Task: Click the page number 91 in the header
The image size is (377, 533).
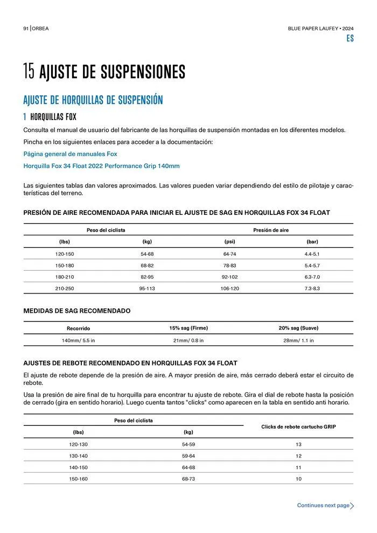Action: pos(25,29)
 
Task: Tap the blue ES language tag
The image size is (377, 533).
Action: pos(350,39)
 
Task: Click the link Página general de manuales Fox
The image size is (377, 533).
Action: pos(70,154)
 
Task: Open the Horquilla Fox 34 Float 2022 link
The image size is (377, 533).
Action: pos(101,166)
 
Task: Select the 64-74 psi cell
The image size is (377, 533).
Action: pos(230,254)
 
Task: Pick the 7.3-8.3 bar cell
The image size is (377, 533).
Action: pos(312,288)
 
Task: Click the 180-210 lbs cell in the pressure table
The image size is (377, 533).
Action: pos(65,277)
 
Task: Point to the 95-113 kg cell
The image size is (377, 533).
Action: pos(147,288)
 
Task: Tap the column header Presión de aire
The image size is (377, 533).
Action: pos(271,230)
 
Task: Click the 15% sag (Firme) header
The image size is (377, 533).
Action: pos(188,328)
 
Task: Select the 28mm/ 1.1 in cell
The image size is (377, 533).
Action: pos(298,340)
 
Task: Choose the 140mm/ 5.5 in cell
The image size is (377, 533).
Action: pos(78,340)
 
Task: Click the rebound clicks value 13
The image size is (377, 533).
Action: pos(298,444)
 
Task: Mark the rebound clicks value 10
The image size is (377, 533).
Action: pos(298,479)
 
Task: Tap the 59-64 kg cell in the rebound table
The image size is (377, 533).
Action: pos(188,455)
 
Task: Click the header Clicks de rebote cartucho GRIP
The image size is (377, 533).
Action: pos(298,426)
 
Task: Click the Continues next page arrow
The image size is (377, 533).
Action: pos(352,506)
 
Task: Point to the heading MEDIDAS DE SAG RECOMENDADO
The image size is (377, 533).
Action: pos(76,311)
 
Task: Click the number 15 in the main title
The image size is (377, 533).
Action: pos(29,72)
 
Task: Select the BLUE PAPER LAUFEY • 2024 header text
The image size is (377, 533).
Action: pos(320,29)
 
